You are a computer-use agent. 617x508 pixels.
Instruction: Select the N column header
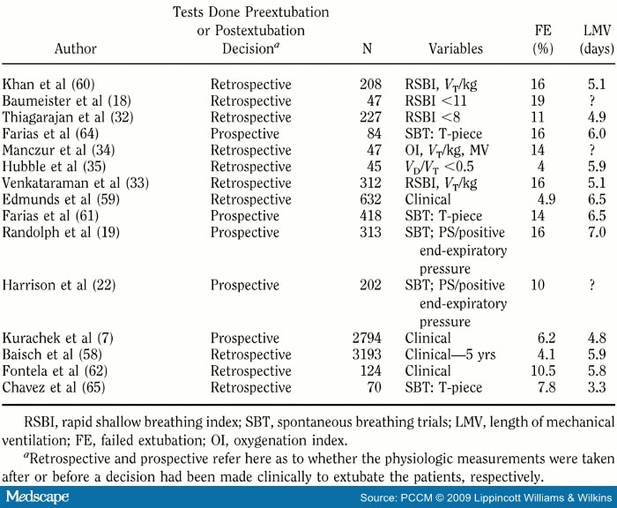point(367,48)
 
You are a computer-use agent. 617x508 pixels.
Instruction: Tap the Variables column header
point(459,48)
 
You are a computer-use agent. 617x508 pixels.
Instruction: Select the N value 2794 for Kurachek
point(366,339)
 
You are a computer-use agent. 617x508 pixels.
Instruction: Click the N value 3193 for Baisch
point(366,355)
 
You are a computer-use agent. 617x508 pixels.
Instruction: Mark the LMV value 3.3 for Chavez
point(597,386)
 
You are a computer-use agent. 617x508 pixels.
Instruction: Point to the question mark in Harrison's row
point(597,285)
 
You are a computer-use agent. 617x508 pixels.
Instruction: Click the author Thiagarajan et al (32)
point(69,116)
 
